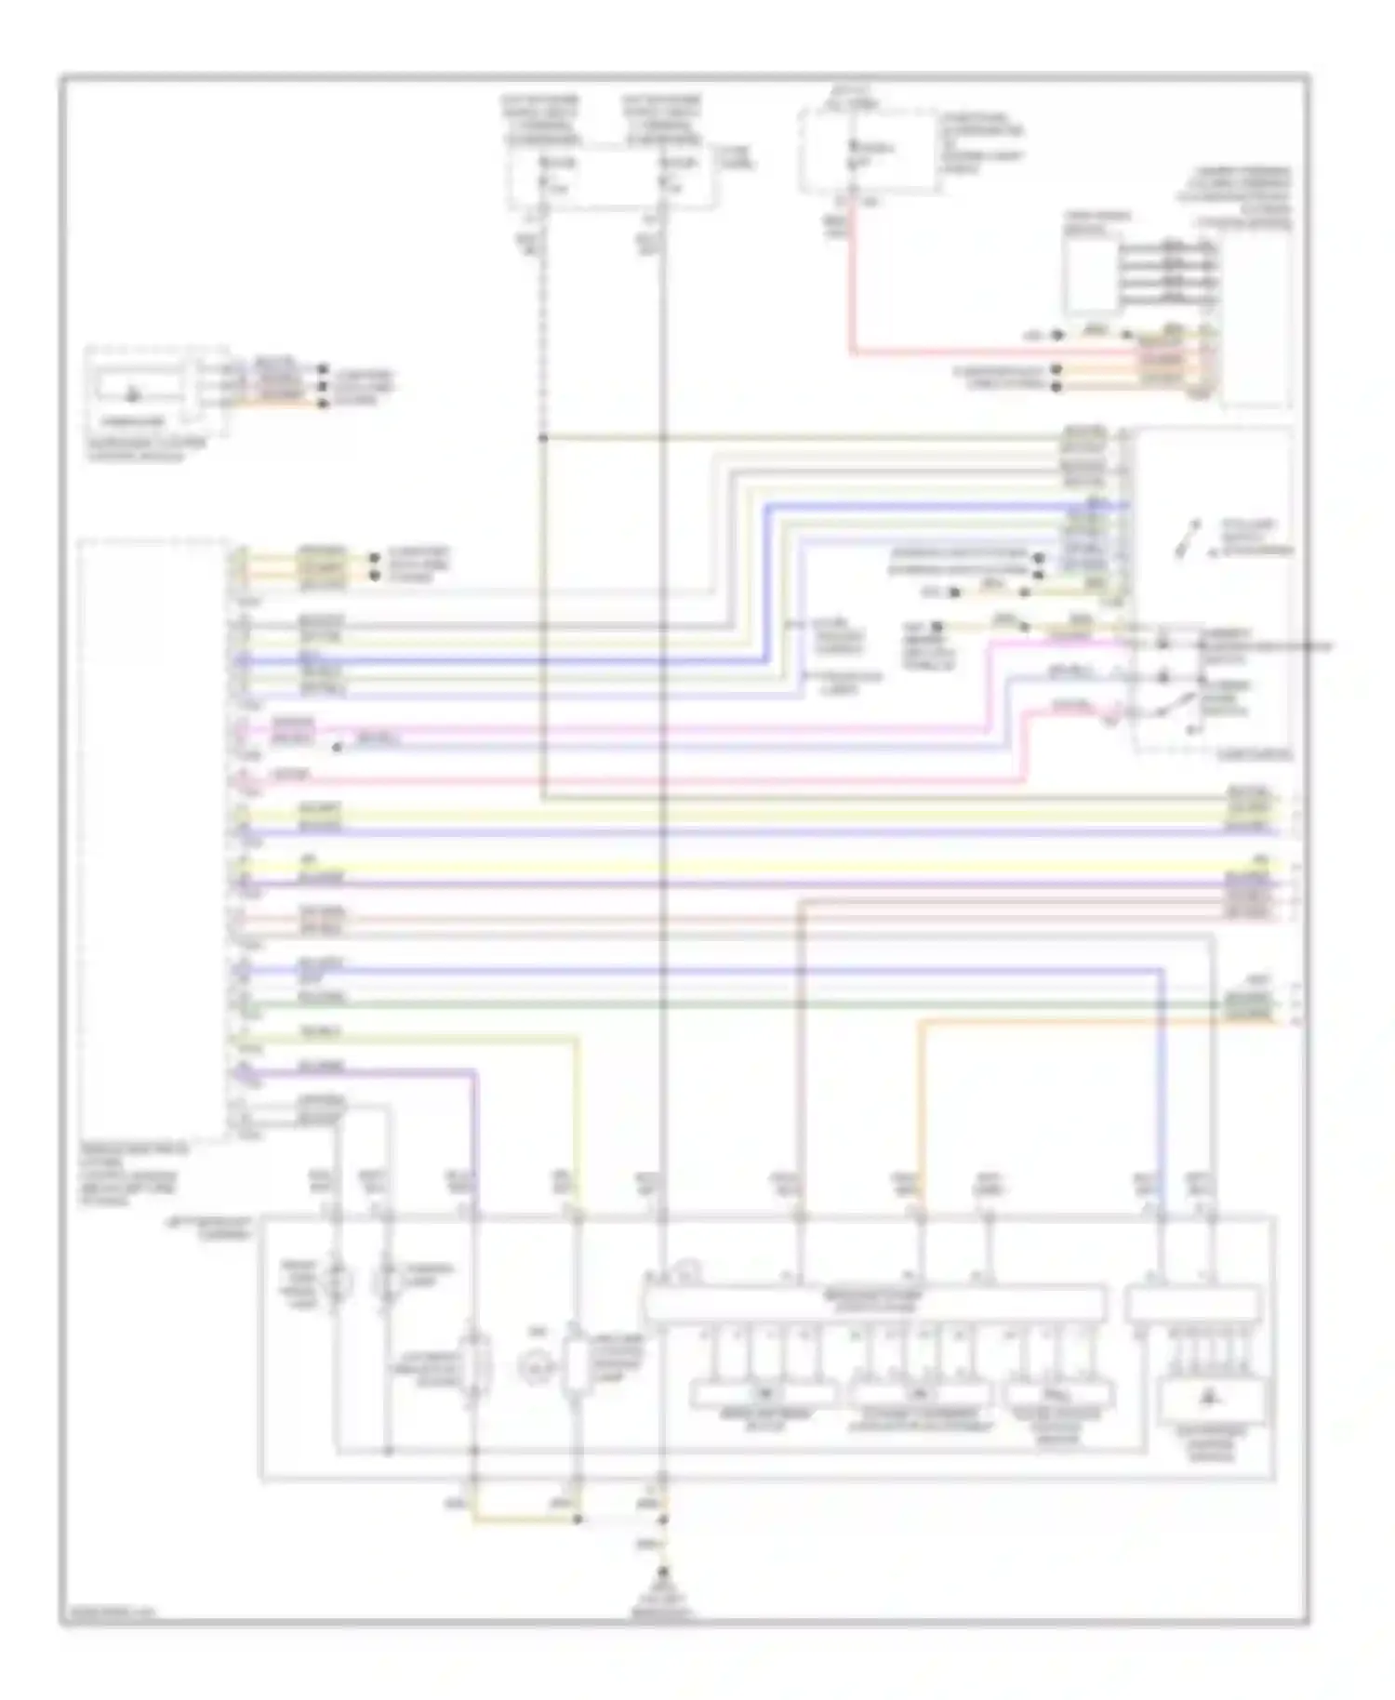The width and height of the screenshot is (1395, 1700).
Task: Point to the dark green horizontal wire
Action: click(x=744, y=1004)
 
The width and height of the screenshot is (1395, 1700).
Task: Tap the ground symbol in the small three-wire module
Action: click(x=132, y=394)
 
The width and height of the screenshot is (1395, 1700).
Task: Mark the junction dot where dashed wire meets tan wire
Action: click(x=543, y=437)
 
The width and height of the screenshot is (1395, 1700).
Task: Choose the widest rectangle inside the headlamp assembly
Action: click(x=874, y=1304)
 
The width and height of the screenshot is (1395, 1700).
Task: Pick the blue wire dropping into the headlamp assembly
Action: click(x=1161, y=1116)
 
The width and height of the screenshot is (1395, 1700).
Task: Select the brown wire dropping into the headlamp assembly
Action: click(x=802, y=1069)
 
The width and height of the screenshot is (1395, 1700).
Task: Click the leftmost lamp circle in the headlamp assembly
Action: click(x=333, y=1283)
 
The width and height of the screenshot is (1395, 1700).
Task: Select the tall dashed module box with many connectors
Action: click(x=153, y=837)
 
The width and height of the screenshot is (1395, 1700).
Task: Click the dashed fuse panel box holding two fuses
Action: click(x=611, y=177)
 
